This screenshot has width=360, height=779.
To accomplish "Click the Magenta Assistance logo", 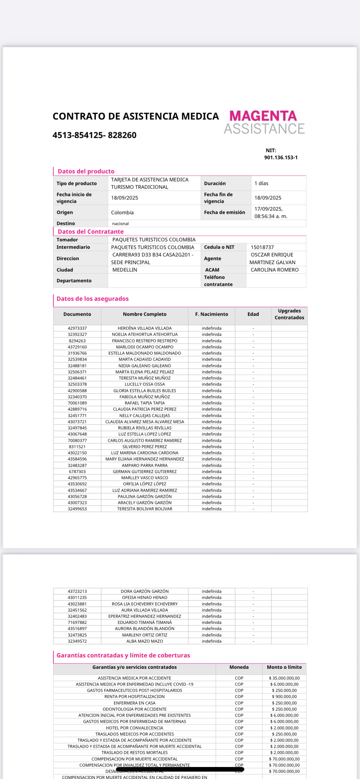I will tap(264, 122).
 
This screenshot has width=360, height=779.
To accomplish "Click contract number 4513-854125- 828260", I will tap(94, 135).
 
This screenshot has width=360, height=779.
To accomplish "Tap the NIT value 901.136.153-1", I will tap(281, 158).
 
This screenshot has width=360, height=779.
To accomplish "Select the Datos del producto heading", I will tap(86, 171).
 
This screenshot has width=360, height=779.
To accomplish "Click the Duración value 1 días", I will tap(261, 183).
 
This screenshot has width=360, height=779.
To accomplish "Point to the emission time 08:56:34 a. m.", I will tap(271, 216).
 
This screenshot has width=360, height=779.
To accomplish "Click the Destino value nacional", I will tap(120, 224).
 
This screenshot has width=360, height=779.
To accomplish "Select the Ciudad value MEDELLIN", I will tap(125, 270).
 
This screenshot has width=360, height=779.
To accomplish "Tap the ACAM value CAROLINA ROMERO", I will tap(274, 270).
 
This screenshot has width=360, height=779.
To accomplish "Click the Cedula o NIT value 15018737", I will tap(262, 247).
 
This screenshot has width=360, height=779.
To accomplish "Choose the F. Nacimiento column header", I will tap(211, 314).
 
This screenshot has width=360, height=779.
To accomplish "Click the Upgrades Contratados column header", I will tap(289, 314).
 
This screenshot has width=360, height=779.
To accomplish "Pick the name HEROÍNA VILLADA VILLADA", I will tap(145, 328).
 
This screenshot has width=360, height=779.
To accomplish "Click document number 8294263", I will tap(77, 341).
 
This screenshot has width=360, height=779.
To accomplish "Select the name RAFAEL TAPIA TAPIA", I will tap(145, 403).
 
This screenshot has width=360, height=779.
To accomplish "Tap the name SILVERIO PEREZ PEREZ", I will tap(145, 447).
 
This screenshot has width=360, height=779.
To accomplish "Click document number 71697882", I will tap(77, 622).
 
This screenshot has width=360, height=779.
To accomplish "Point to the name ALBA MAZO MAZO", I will tap(145, 641).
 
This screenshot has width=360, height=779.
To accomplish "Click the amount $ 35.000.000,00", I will tap(284, 678).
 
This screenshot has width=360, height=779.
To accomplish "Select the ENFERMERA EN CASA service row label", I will tap(134, 703).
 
